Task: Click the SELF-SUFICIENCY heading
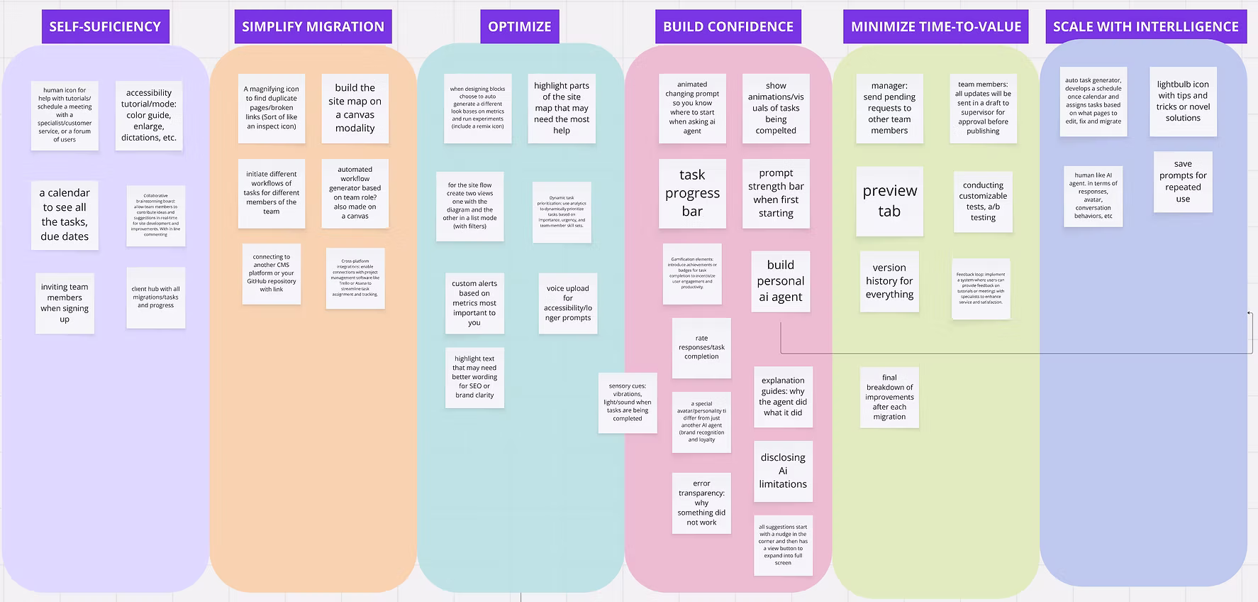[x=105, y=27]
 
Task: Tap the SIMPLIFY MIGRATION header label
[x=313, y=27]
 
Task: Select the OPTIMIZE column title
[x=520, y=27]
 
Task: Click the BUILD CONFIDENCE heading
[x=728, y=27]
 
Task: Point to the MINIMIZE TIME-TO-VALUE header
[x=936, y=27]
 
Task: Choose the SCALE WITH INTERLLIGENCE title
[x=1146, y=27]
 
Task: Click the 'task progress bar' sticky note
[x=692, y=193]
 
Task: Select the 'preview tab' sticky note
[x=889, y=201]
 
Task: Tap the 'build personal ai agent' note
[x=780, y=281]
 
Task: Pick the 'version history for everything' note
[x=889, y=281]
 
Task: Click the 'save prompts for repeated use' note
[x=1183, y=182]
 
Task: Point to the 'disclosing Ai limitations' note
[x=783, y=471]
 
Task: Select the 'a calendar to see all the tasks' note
[x=65, y=214]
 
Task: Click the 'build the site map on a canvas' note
[x=355, y=108]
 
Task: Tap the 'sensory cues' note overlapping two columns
[x=628, y=403]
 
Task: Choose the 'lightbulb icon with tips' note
[x=1183, y=102]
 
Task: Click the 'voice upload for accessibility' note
[x=567, y=303]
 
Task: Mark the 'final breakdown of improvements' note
[x=889, y=398]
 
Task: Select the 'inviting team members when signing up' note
[x=65, y=303]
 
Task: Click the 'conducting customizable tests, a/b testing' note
[x=983, y=202]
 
